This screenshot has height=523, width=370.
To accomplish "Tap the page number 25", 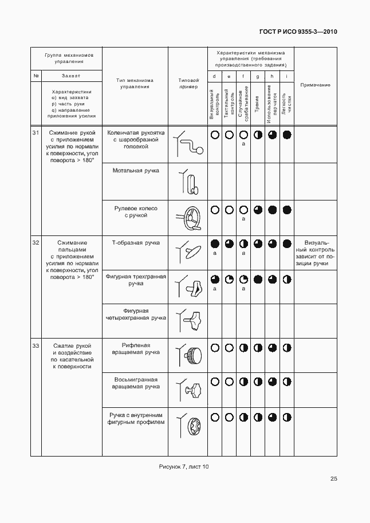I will pyautogui.click(x=333, y=479).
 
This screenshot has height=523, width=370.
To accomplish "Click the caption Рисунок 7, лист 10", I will pyautogui.click(x=183, y=466).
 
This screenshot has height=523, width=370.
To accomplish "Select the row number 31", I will pyautogui.click(x=36, y=133).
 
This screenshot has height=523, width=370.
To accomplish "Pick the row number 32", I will pyautogui.click(x=36, y=243).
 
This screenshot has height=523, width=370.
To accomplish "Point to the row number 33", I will pyautogui.click(x=36, y=346).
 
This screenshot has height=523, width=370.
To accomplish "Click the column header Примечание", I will pyautogui.click(x=315, y=85).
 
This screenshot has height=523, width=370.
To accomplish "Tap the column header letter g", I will pyautogui.click(x=258, y=76).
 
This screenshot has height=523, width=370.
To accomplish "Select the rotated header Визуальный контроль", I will pyautogui.click(x=214, y=104).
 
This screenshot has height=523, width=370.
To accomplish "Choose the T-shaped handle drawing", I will pyautogui.click(x=188, y=250).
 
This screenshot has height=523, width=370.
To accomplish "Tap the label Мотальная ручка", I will pyautogui.click(x=136, y=171).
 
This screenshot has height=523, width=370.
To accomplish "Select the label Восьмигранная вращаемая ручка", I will pyautogui.click(x=136, y=383).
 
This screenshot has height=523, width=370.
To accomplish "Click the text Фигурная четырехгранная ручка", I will pyautogui.click(x=136, y=314).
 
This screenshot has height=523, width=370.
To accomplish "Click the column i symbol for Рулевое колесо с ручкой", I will pyautogui.click(x=287, y=210).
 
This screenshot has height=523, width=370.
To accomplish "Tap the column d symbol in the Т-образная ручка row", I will pyautogui.click(x=215, y=243).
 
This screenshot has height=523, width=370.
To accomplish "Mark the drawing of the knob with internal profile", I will pyautogui.click(x=190, y=426).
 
